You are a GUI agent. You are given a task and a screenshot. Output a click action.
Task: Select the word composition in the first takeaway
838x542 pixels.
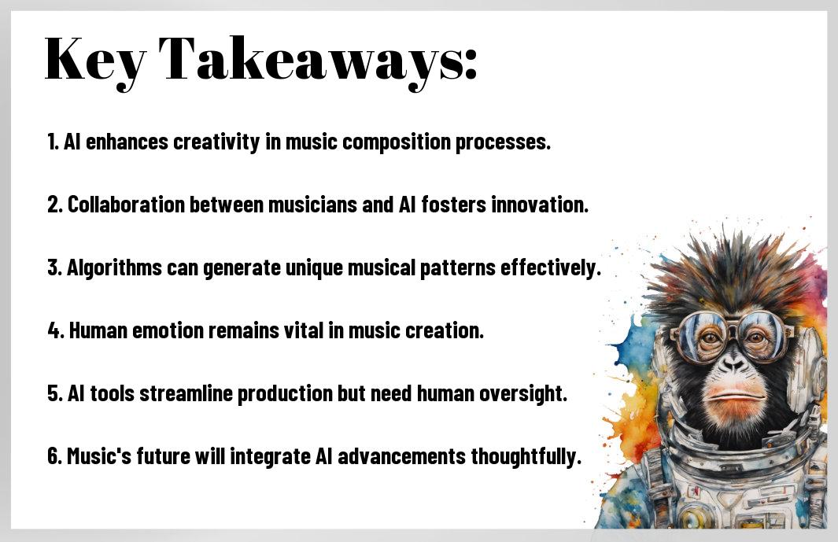tap(397, 142)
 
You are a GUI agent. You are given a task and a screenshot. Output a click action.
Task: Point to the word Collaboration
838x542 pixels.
tap(126, 205)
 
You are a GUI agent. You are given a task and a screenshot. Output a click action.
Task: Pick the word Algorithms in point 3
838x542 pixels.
tap(114, 268)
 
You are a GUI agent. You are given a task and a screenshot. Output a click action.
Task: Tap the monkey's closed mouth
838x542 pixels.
tap(734, 396)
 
